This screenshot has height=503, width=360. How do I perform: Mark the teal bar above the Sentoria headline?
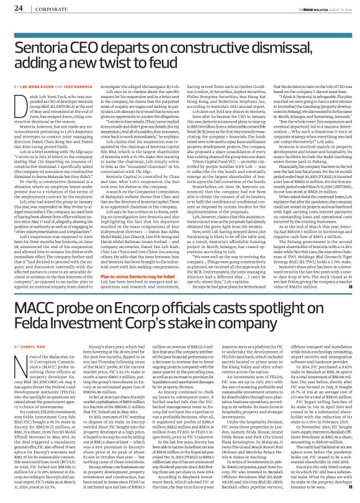[179, 28]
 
